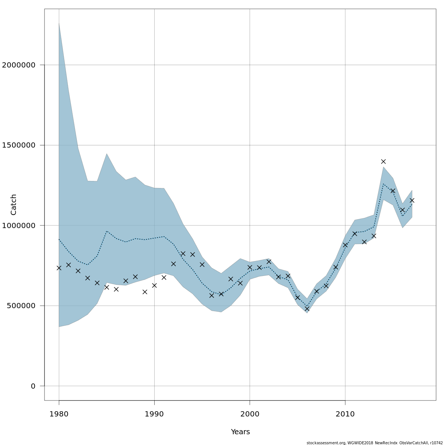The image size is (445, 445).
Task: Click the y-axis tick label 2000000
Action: pos(19,65)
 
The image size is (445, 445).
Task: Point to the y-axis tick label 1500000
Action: pos(19,145)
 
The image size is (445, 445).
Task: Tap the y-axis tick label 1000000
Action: pos(19,225)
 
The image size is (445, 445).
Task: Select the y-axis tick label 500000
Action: pos(21,306)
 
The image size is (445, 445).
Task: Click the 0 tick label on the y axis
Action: pos(33,386)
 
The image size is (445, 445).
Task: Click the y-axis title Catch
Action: pos(14,204)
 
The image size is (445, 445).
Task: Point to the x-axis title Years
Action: pos(240,432)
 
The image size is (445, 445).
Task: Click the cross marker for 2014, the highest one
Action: pos(383,161)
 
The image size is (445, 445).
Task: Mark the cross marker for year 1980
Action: pos(59,268)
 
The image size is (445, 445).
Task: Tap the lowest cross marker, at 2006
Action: pos(307,309)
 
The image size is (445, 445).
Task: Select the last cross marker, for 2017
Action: pos(412,200)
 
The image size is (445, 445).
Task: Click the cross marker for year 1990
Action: pos(154,286)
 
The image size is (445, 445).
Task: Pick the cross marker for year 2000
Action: pos(250,267)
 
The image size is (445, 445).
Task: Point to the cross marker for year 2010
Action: pos(345,245)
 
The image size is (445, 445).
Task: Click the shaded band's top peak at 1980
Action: pos(59,24)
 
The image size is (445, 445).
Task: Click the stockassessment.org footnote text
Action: pos(375,443)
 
